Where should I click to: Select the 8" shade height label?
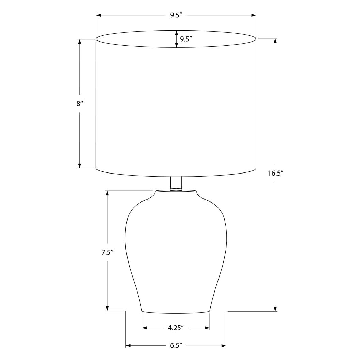click(80, 104)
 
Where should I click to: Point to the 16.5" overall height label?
click(275, 173)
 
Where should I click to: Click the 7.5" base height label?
click(107, 253)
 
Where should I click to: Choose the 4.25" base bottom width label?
click(176, 328)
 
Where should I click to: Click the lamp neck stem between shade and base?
click(176, 183)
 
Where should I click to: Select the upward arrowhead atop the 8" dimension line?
click(80, 42)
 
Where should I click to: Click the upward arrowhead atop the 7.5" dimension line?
click(107, 193)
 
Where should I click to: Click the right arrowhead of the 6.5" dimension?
click(224, 346)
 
